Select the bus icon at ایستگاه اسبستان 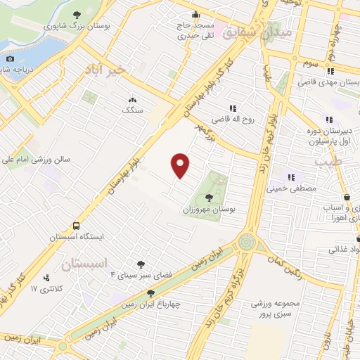(x=76, y=226)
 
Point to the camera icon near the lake (x=10, y=59)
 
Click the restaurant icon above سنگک (x=131, y=100)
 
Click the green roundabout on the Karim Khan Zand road (x=247, y=242)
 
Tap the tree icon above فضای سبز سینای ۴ (x=141, y=264)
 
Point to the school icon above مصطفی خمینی (x=293, y=176)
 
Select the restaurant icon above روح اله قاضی (x=231, y=108)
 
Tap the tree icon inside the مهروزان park (x=209, y=198)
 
